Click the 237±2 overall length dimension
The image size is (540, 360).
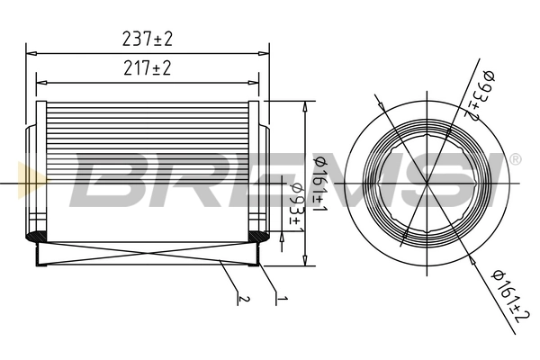[x=147, y=39]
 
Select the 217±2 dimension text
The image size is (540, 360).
[x=147, y=68]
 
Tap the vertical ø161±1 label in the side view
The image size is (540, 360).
[x=319, y=180]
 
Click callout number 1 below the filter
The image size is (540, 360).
[x=281, y=298]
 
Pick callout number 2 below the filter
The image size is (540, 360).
[x=239, y=298]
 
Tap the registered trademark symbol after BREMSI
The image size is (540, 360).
[x=515, y=159]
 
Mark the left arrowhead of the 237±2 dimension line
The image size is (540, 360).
[x=31, y=50]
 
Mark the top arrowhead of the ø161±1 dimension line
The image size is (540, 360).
[x=309, y=105]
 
